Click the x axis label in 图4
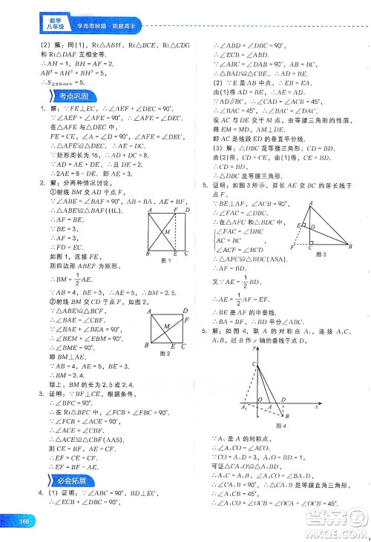pyautogui.click(x=316, y=406)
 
